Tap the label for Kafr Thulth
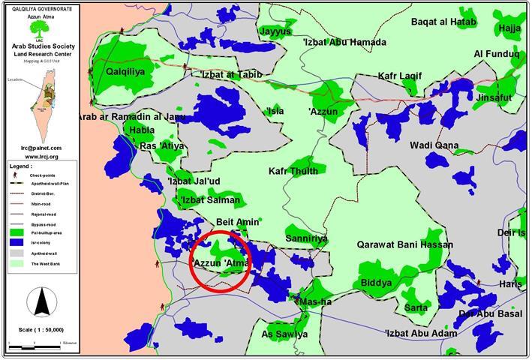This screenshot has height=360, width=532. (293, 171)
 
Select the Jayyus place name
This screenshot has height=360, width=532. (274, 31)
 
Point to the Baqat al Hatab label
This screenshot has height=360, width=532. (443, 22)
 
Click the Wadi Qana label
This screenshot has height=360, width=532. (433, 145)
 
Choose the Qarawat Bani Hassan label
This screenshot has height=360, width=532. (404, 244)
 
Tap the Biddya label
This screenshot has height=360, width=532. (376, 283)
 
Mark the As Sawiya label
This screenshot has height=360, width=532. (284, 334)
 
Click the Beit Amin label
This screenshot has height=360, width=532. (237, 222)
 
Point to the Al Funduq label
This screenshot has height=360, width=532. (496, 54)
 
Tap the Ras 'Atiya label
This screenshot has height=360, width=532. (161, 145)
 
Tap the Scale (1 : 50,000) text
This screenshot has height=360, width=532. (42, 329)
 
